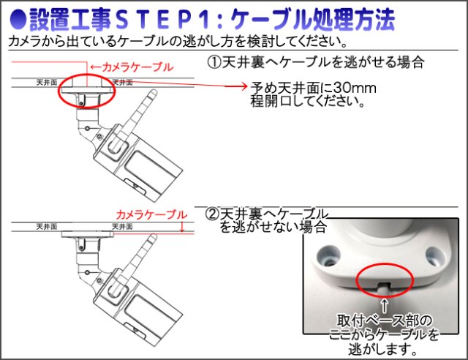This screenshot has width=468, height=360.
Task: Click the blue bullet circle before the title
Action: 18,20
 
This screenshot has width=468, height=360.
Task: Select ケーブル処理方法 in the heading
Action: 313,20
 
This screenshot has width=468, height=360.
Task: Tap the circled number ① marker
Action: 214,62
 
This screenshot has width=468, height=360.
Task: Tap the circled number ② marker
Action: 212,214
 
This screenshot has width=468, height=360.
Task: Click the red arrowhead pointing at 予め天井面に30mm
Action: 244,86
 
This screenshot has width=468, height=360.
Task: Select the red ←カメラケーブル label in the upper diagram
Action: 132,67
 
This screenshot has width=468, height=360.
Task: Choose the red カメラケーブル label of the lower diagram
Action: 151,215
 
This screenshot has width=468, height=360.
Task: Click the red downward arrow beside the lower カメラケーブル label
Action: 182,226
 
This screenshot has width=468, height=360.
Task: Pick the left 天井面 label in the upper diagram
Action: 47,83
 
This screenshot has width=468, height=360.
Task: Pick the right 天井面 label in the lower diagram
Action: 122,226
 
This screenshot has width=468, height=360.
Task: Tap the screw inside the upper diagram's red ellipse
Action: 81,103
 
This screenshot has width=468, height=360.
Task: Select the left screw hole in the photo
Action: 328,256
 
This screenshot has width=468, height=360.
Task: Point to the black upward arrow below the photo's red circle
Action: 385,305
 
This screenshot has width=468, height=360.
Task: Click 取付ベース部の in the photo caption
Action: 385,321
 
